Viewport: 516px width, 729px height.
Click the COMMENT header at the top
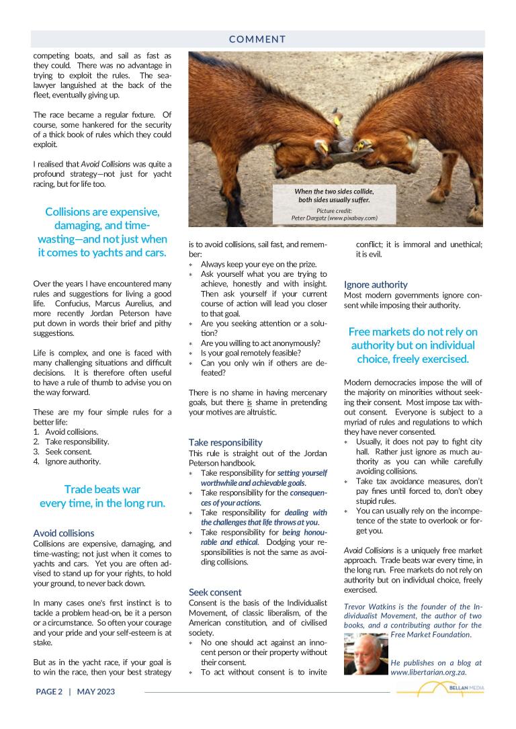click(257, 39)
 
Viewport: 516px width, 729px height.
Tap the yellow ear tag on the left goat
click(324, 143)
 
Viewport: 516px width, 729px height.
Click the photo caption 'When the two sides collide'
click(334, 196)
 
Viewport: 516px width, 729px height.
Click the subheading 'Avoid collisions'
click(64, 533)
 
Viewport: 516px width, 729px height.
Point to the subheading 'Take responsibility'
click(226, 443)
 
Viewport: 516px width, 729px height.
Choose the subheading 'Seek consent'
click(215, 592)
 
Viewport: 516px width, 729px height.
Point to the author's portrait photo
click(365, 653)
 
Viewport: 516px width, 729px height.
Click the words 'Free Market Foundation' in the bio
click(430, 634)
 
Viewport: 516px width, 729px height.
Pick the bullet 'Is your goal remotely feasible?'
click(251, 353)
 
